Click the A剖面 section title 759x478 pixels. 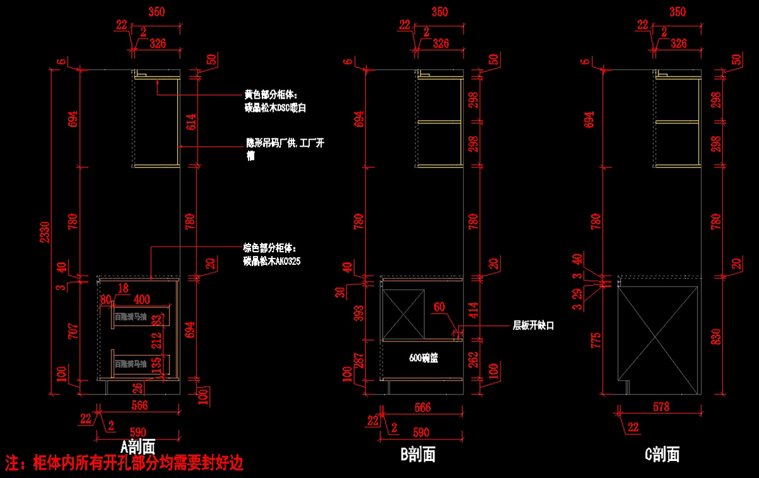point(138,447)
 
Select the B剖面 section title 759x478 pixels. point(417,453)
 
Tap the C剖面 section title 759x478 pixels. point(662,453)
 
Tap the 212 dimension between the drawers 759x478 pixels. point(156,342)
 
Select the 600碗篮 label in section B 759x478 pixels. point(424,358)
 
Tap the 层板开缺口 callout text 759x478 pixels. point(533,326)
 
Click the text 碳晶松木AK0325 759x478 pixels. point(272,260)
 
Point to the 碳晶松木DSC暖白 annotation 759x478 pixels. point(275,108)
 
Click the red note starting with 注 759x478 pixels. point(124,463)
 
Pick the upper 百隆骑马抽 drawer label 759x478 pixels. point(131,317)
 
